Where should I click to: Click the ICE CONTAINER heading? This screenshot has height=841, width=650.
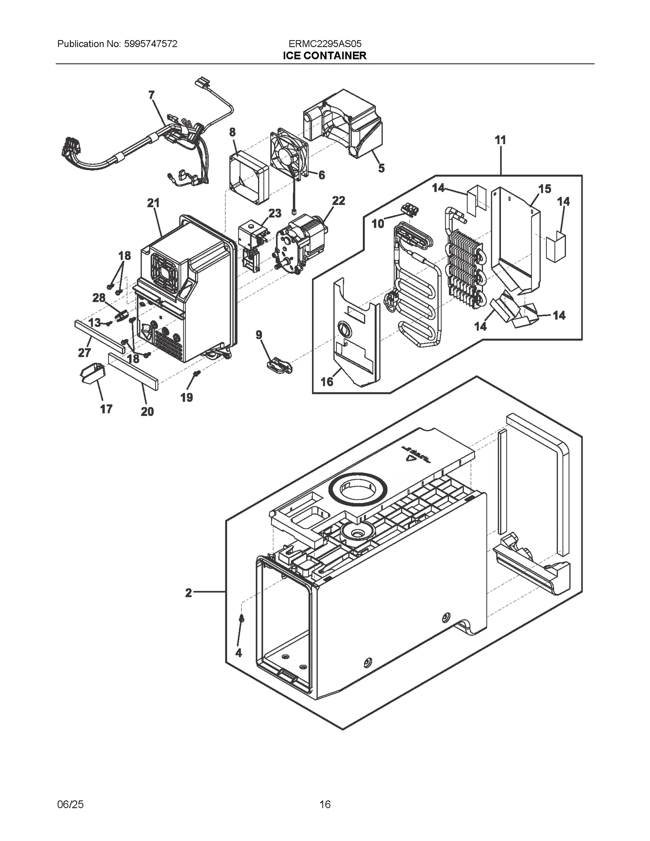325,56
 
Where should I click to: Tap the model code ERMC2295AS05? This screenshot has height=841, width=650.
325,44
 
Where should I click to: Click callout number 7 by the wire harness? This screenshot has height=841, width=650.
152,95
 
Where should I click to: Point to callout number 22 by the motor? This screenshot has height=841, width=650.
338,201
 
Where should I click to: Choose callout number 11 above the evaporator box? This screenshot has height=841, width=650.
500,140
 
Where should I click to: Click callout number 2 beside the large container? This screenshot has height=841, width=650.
188,593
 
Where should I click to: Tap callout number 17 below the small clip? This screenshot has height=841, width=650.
106,409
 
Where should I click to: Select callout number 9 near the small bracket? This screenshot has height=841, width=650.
259,335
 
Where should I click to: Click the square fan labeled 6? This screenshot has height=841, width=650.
289,155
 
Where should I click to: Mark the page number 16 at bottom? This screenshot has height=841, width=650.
325,804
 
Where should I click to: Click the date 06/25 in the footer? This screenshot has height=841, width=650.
71,804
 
